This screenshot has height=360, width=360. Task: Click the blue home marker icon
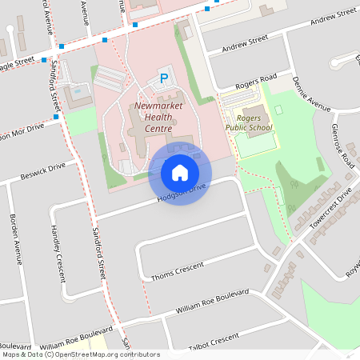click(x=180, y=173)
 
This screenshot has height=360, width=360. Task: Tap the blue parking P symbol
click(x=164, y=78)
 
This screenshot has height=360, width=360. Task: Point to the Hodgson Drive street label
click(x=183, y=190)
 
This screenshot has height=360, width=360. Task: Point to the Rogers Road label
click(x=256, y=82)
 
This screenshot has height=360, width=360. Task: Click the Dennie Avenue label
click(x=311, y=94)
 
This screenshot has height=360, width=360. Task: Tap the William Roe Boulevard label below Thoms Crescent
click(x=213, y=301)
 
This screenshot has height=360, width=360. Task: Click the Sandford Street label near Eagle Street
click(x=56, y=88)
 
